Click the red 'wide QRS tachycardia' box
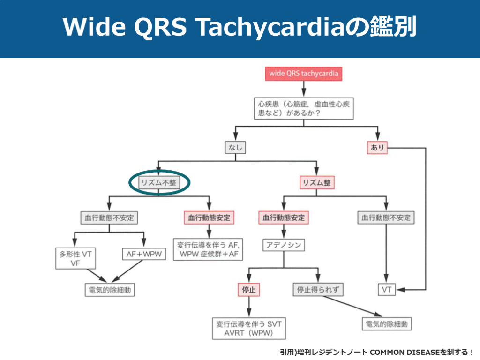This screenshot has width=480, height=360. coord(303,74)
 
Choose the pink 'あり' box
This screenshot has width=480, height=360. coord(377,148)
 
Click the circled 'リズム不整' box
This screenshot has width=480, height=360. coord(159,183)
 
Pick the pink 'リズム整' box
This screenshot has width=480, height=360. coord(317,183)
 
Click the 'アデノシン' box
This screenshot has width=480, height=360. coord(283,245)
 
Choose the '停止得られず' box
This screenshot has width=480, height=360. coord(318,290)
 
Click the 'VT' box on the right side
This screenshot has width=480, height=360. coord(386,290)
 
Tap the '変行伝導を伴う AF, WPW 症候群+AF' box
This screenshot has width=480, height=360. coord(209,249)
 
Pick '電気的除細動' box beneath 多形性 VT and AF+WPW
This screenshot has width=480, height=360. coord(109,290)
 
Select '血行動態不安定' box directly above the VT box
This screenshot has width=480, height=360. coord(386,217)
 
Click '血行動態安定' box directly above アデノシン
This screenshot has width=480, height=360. coord(283,217)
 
